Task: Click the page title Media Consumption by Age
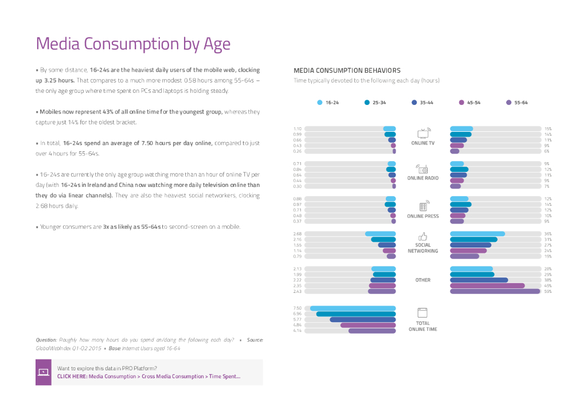click(133, 44)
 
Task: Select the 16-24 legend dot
click(320, 103)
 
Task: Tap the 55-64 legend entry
click(516, 103)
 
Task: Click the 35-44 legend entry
click(421, 103)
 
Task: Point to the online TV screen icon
click(423, 133)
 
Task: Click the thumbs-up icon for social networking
click(423, 236)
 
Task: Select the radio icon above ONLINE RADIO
click(423, 169)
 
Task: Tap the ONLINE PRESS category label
click(423, 216)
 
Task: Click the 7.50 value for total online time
click(298, 308)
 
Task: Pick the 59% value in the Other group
click(547, 291)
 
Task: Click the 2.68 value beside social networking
click(298, 233)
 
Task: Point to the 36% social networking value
click(547, 233)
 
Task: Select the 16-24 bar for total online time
click(353, 308)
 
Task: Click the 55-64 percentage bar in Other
click(495, 291)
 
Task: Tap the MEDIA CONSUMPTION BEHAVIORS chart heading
click(347, 71)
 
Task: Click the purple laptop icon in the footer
click(44, 372)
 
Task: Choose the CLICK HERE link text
click(72, 377)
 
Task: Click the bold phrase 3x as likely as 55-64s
click(131, 226)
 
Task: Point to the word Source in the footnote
click(255, 340)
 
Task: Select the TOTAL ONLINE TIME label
click(423, 326)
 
